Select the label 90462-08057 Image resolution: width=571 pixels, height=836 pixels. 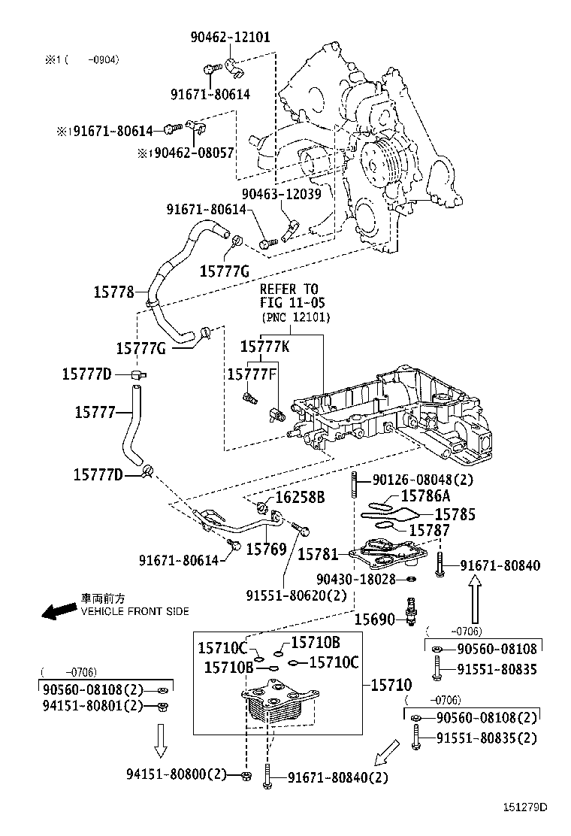[x=190, y=153]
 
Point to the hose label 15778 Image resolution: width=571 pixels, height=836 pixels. [x=114, y=292]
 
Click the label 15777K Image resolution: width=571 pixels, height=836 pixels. [x=264, y=347]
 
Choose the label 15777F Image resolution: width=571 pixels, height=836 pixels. [x=253, y=373]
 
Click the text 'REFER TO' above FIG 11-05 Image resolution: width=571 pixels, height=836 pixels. [x=289, y=289]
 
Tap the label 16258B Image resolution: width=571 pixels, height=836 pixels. [x=300, y=498]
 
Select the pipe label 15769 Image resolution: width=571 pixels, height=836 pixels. [x=267, y=550]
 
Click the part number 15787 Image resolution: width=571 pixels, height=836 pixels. [x=429, y=530]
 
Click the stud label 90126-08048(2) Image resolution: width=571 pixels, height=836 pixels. [x=424, y=478]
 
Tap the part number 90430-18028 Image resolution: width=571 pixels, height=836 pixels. [x=355, y=579]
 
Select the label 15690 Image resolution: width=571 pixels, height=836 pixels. [x=375, y=619]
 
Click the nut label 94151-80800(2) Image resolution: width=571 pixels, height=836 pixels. [x=177, y=774]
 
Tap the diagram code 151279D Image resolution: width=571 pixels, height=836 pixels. [x=525, y=807]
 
